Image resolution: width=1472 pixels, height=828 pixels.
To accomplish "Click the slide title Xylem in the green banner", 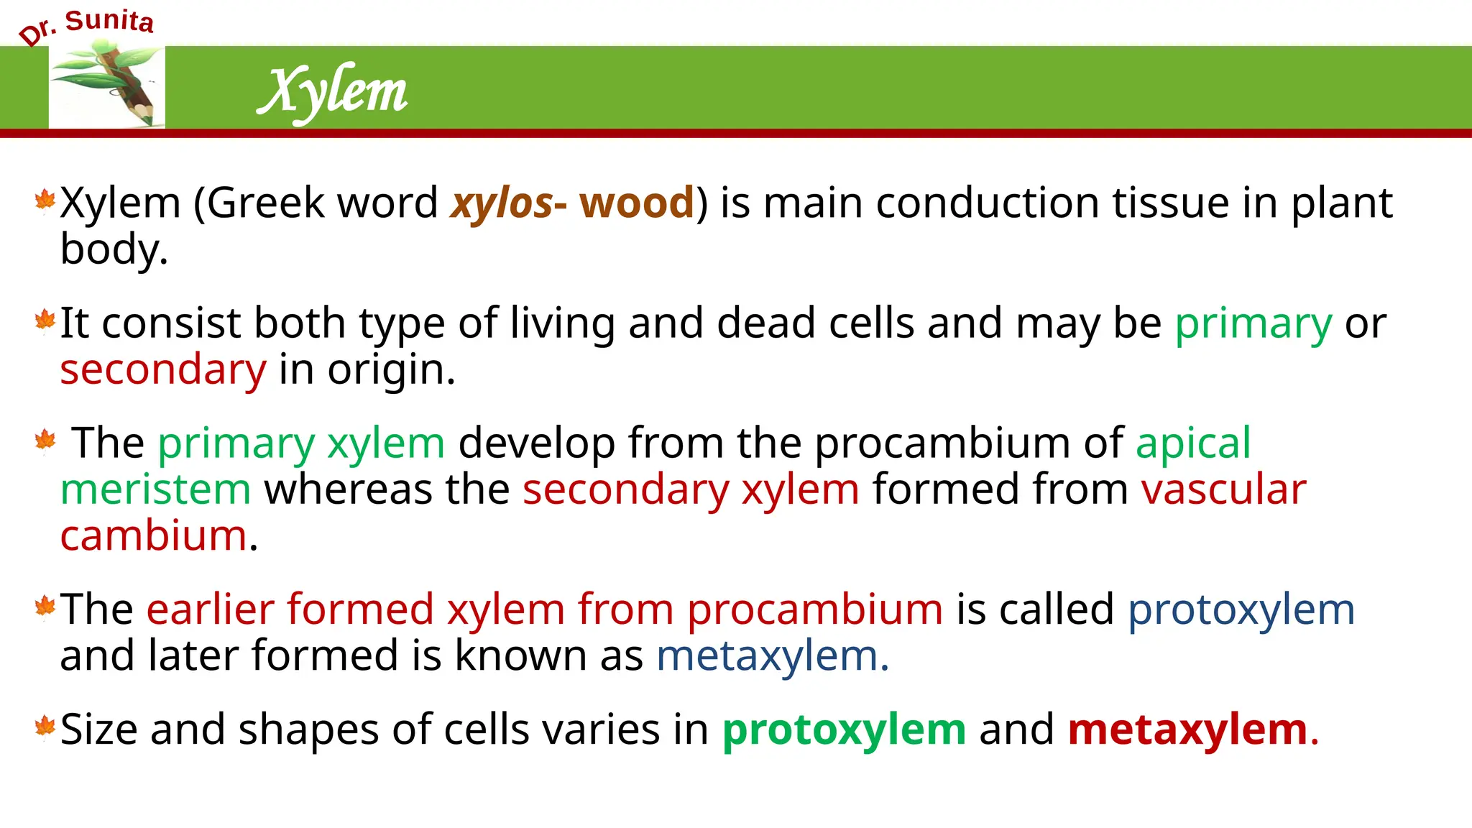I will coord(333,91).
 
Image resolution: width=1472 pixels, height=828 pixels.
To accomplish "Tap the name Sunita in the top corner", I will coord(109,21).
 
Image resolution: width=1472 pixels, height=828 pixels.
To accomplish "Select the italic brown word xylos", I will coord(502,203).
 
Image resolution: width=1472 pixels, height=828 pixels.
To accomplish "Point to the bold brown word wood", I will coord(637,203).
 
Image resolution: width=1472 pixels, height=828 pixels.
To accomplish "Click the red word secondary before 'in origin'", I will coord(163,369).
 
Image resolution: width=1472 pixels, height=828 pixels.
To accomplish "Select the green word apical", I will coord(1193,443).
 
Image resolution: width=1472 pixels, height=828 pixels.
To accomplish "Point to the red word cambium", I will coord(154,536).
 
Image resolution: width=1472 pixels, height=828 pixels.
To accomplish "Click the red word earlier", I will coord(211,609).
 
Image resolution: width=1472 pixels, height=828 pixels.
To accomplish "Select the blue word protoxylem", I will coord(1241,609).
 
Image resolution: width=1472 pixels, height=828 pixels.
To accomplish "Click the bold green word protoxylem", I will coord(844,730).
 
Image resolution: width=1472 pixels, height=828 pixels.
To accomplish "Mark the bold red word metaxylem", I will coord(1187,730).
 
